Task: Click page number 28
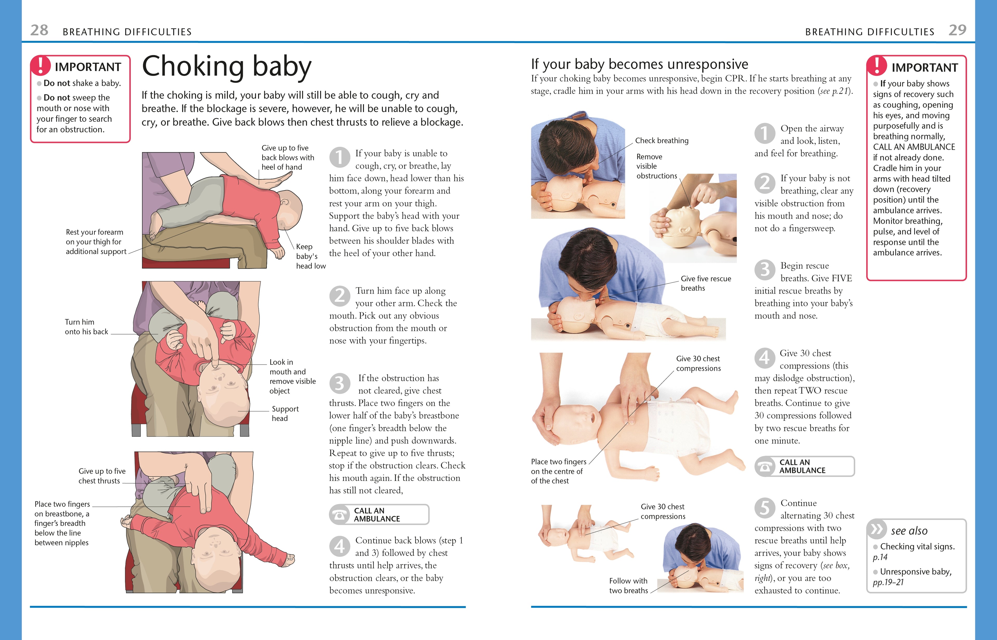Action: pos(39,30)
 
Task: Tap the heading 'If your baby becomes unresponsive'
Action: pos(639,64)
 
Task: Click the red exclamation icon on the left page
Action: pos(41,66)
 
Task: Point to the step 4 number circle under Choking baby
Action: pos(339,546)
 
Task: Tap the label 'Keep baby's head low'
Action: pos(310,256)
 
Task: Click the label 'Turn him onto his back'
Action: pos(86,327)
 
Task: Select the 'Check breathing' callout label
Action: pos(662,140)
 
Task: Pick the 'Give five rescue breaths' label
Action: pos(705,283)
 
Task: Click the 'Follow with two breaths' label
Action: pos(628,585)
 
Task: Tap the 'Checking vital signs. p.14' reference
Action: pos(913,552)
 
